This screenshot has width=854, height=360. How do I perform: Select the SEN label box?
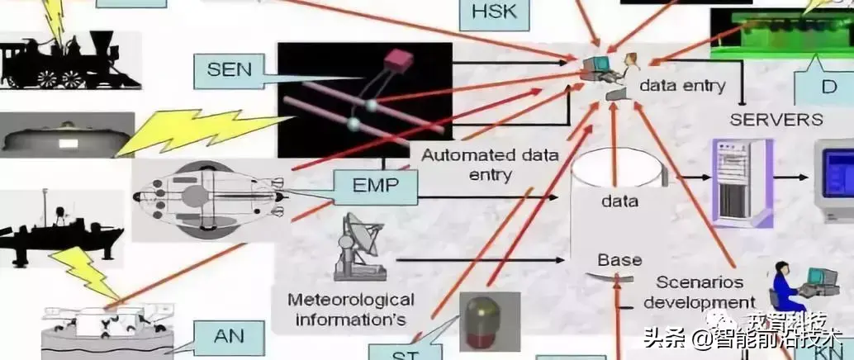pyautogui.click(x=229, y=69)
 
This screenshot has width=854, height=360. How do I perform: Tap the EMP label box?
pyautogui.click(x=376, y=187)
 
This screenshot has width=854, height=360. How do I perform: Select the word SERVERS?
pyautogui.click(x=776, y=119)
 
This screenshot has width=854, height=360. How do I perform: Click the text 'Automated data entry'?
pyautogui.click(x=490, y=164)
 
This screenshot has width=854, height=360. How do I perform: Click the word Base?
pyautogui.click(x=619, y=260)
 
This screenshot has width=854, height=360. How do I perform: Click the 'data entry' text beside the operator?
pyautogui.click(x=683, y=85)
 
